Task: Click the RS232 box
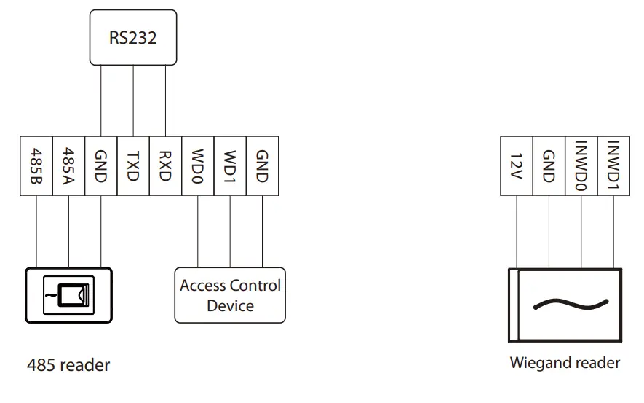(x=133, y=37)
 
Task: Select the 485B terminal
(x=36, y=166)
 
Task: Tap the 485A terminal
(x=68, y=166)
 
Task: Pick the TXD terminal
(x=133, y=166)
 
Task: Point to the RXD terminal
(x=165, y=166)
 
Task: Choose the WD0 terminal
(x=197, y=166)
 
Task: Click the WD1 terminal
(x=230, y=166)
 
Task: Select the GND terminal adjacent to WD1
(x=263, y=166)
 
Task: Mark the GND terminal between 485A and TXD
(x=101, y=166)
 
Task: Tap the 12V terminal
(x=516, y=166)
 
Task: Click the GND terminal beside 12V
(x=549, y=166)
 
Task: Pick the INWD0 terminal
(x=581, y=166)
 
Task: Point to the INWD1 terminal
(x=613, y=166)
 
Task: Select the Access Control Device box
(x=230, y=295)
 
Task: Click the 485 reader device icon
(x=68, y=295)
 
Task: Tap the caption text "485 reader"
(x=68, y=365)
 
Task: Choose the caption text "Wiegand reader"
(x=565, y=363)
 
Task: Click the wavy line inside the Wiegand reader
(x=571, y=305)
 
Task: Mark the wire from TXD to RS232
(x=133, y=101)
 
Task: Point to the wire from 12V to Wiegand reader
(x=516, y=232)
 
